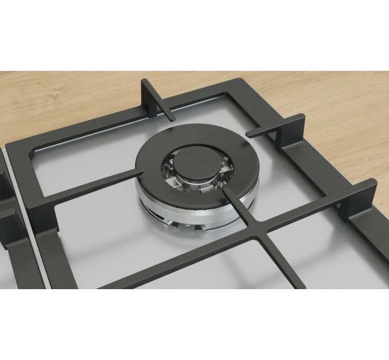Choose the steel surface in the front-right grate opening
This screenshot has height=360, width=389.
point(320,251)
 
